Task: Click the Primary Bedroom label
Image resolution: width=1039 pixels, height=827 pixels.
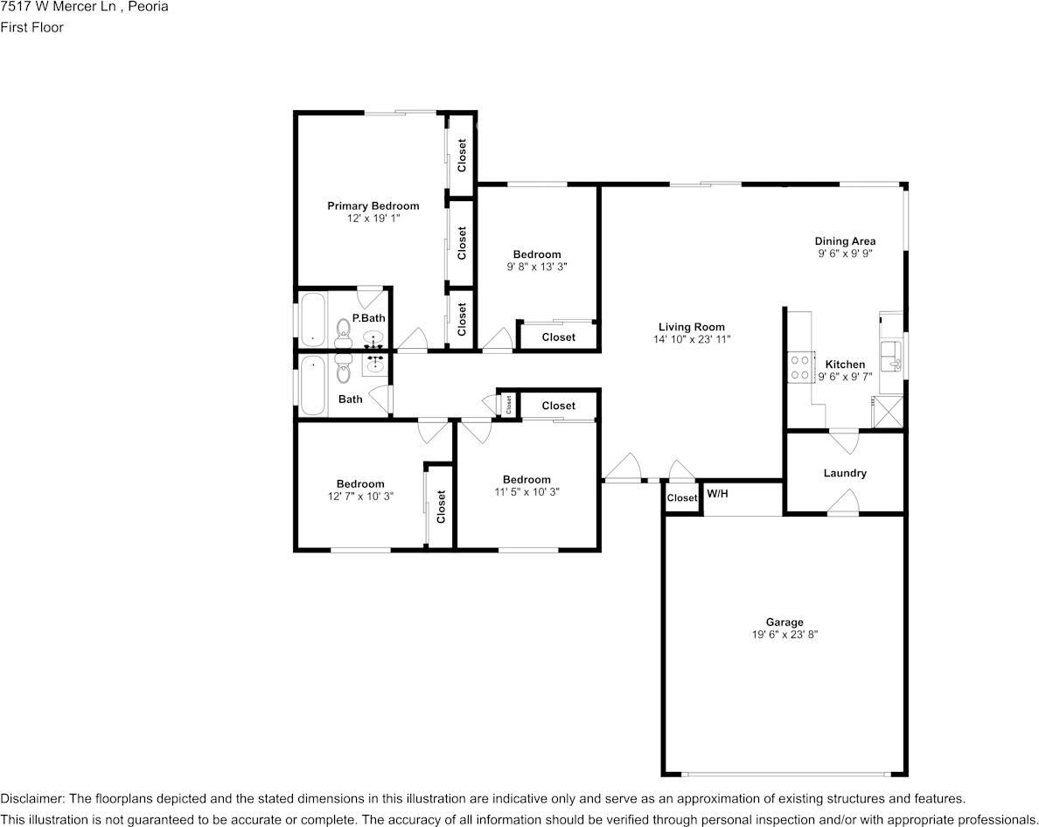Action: (373, 206)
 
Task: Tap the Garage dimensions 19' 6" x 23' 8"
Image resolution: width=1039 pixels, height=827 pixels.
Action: (784, 635)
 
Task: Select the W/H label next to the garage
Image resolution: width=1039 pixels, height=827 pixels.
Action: (717, 494)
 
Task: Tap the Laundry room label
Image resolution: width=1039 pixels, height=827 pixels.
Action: (845, 473)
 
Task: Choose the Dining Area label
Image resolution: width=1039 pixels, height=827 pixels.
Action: (845, 241)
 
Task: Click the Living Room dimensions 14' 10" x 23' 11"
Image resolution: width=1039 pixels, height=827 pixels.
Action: (691, 339)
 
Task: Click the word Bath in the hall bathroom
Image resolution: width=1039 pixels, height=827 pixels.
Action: (351, 400)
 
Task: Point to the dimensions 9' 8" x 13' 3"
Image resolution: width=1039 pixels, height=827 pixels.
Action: (537, 267)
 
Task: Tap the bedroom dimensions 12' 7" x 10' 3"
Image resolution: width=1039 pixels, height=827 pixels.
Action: (360, 496)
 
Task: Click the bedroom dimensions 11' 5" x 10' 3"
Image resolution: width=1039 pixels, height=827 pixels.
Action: (526, 491)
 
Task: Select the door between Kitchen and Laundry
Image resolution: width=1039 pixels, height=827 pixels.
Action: (843, 440)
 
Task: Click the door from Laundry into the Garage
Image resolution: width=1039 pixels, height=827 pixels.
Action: (843, 503)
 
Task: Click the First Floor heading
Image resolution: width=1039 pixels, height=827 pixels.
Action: (31, 27)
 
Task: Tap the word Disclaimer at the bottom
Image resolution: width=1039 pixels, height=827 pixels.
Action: (31, 799)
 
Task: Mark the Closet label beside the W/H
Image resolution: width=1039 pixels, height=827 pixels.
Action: (682, 498)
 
